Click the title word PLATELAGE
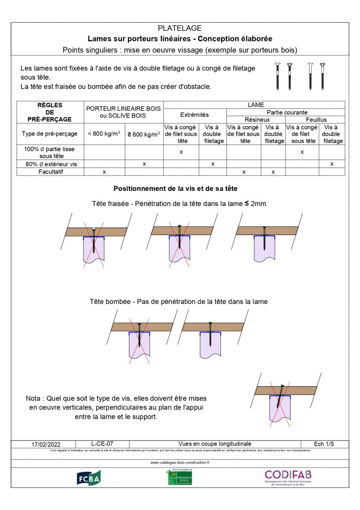(180, 29)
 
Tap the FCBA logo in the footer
(89, 477)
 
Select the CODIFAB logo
(288, 474)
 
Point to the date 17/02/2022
(46, 444)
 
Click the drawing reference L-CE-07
(102, 443)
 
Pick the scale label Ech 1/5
(324, 443)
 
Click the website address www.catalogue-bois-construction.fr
(180, 463)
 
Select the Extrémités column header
(195, 114)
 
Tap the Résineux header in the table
(256, 120)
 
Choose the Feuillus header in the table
(316, 120)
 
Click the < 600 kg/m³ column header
(104, 134)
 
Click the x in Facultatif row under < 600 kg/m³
(104, 172)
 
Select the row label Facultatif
(50, 172)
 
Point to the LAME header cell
(256, 105)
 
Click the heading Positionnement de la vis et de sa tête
(175, 189)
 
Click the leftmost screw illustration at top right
(277, 76)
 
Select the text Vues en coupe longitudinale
(215, 443)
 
